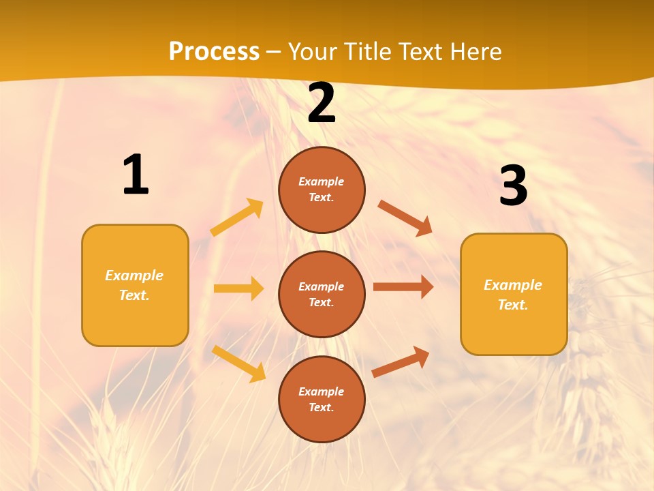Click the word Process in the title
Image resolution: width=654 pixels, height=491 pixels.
[x=214, y=51]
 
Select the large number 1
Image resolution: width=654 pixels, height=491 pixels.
[x=136, y=175]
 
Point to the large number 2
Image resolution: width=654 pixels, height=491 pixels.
[x=322, y=104]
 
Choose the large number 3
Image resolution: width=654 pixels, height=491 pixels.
[x=513, y=185]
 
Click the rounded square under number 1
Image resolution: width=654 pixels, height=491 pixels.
[x=135, y=285]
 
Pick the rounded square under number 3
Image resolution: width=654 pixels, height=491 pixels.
[x=514, y=294]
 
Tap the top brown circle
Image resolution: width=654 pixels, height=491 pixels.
[x=322, y=190]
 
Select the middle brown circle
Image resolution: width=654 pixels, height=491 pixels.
[x=322, y=294]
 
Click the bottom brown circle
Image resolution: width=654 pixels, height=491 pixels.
[x=322, y=399]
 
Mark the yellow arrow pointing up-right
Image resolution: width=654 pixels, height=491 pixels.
[x=237, y=218]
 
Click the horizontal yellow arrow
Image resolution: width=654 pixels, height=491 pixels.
[x=238, y=288]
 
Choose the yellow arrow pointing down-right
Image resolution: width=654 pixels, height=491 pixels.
[x=238, y=363]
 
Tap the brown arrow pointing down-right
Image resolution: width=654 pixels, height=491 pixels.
[x=405, y=218]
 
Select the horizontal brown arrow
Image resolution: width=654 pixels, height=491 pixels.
[x=403, y=287]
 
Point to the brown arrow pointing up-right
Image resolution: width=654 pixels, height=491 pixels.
[x=401, y=361]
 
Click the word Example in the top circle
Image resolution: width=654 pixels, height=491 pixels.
[x=322, y=181]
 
